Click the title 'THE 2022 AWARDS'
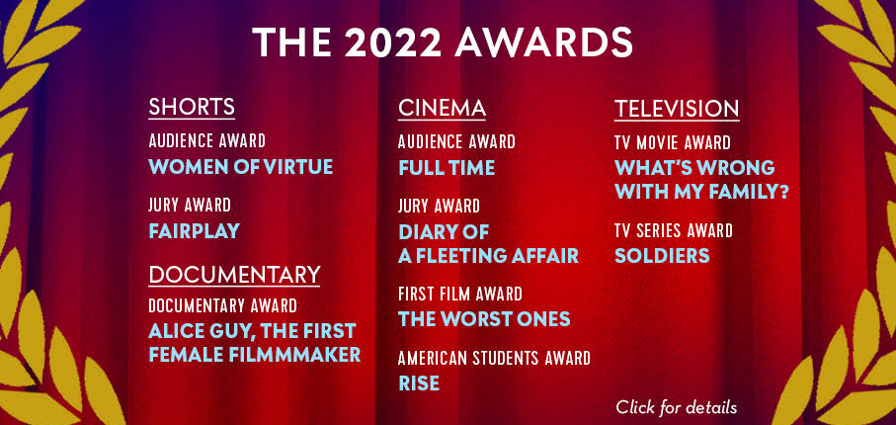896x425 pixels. [443, 42]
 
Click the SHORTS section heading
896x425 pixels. [192, 107]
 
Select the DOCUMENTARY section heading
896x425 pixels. [234, 275]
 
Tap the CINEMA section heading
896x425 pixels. [442, 108]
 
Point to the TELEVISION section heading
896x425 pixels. [677, 109]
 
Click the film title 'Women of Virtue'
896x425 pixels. [241, 167]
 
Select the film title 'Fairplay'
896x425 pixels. [194, 231]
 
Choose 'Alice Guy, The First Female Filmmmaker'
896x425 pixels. [254, 343]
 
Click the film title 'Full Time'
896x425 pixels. [447, 168]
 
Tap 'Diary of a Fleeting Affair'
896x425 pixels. [489, 244]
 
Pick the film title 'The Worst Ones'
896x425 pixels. [484, 318]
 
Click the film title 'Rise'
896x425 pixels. [419, 383]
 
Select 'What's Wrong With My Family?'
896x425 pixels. [701, 180]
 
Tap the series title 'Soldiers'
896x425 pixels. [662, 255]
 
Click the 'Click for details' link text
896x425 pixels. [676, 407]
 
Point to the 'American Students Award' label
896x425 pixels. [494, 359]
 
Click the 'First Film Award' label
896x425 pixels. [460, 294]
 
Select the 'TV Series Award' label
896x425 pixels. [673, 231]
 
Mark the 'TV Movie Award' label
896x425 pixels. [673, 142]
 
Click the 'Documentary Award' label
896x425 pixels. [222, 306]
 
